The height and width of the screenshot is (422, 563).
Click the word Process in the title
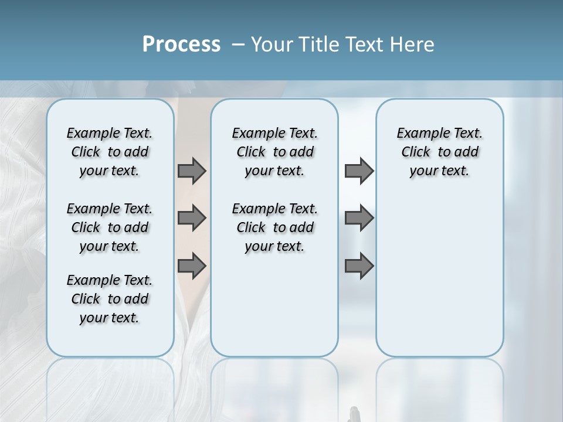pos(181,44)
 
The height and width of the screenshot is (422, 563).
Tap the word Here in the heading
pos(412,45)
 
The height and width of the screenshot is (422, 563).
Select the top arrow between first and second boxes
pos(192,171)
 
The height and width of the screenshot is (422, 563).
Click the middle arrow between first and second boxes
pos(192,218)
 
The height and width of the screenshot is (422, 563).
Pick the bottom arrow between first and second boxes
pos(192,266)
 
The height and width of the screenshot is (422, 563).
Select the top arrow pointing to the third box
pos(359,171)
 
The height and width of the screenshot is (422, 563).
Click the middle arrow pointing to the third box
pos(359,218)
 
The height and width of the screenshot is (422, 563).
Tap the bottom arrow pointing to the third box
pos(359,266)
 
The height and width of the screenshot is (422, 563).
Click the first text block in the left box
pos(110,152)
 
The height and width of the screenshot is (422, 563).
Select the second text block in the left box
pos(110,227)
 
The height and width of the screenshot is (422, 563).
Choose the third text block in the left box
pos(110,299)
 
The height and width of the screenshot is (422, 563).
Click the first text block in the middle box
pos(274,152)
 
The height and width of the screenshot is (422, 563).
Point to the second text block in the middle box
pos(274,227)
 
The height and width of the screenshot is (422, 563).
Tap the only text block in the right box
pos(439,152)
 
